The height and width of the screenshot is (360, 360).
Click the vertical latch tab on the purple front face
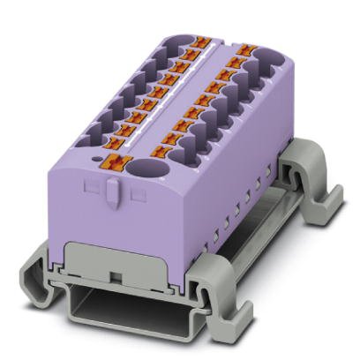point(112,192)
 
